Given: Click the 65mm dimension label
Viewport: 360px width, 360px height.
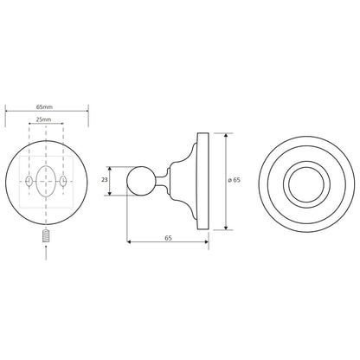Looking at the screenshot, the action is [44, 106].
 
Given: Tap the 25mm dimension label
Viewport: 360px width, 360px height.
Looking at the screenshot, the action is [43, 119].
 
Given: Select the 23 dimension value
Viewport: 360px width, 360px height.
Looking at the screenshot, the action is [105, 180].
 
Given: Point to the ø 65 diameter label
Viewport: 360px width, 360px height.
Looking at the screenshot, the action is [234, 180].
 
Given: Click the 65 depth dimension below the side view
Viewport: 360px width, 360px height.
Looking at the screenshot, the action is [168, 238].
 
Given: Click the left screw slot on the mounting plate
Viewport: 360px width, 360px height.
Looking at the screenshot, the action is [29, 181].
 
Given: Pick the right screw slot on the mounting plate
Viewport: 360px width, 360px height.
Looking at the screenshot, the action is [63, 181].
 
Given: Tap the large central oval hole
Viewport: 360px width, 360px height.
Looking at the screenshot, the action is [46, 181].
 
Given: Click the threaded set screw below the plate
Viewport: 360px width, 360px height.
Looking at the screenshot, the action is [46, 236].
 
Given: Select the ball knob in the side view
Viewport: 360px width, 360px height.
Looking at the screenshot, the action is [141, 181].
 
